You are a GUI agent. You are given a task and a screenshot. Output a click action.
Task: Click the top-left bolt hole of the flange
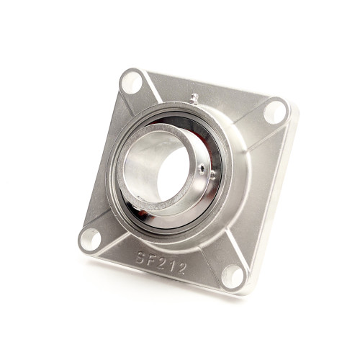(x=131, y=83)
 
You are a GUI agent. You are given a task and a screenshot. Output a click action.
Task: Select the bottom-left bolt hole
(x=90, y=238)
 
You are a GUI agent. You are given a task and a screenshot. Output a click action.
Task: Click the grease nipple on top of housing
(x=194, y=97)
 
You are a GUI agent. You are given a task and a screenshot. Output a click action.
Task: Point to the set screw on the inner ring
(x=206, y=170)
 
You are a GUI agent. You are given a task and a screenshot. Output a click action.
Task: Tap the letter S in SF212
(x=141, y=257)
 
